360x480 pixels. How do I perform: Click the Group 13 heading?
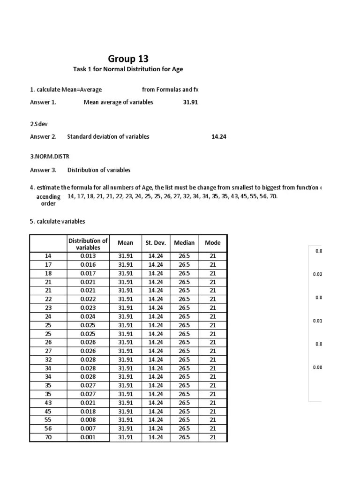pyautogui.click(x=128, y=59)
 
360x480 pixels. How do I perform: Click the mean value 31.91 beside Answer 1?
pyautogui.click(x=190, y=102)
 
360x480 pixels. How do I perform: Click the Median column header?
pyautogui.click(x=184, y=243)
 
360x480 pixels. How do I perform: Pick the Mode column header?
pyautogui.click(x=213, y=243)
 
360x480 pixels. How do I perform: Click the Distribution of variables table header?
pyautogui.click(x=88, y=243)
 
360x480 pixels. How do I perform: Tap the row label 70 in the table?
pyautogui.click(x=48, y=437)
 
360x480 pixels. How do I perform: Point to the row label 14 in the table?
pyautogui.click(x=48, y=256)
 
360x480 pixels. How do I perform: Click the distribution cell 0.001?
pyautogui.click(x=88, y=437)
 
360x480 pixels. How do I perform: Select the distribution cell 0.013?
pyautogui.click(x=88, y=256)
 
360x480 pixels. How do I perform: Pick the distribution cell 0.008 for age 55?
pyautogui.click(x=88, y=420)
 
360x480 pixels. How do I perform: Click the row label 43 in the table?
pyautogui.click(x=48, y=403)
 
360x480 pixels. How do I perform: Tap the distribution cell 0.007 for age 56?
pyautogui.click(x=88, y=428)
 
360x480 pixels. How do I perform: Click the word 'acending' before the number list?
pyautogui.click(x=48, y=197)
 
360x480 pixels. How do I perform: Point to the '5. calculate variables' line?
pyautogui.click(x=57, y=221)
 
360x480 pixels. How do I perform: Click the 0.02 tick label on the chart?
pyautogui.click(x=317, y=275)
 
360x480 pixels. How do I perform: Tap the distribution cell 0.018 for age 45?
pyautogui.click(x=88, y=412)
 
